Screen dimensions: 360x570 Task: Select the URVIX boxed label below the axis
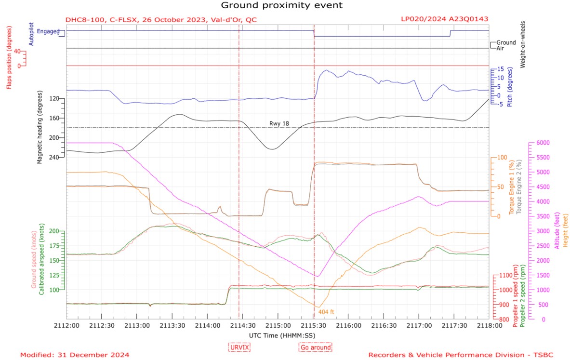tap(239, 347)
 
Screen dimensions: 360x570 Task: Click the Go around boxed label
tap(316, 347)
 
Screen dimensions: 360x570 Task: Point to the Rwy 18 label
tap(279, 124)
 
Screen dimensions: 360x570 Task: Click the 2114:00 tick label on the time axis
tap(207, 325)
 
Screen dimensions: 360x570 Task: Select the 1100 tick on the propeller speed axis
tap(508, 276)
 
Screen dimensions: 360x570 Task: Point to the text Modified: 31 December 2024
tap(75, 355)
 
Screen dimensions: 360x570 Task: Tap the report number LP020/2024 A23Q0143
tap(444, 19)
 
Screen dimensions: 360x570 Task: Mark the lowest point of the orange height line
tap(318, 307)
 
